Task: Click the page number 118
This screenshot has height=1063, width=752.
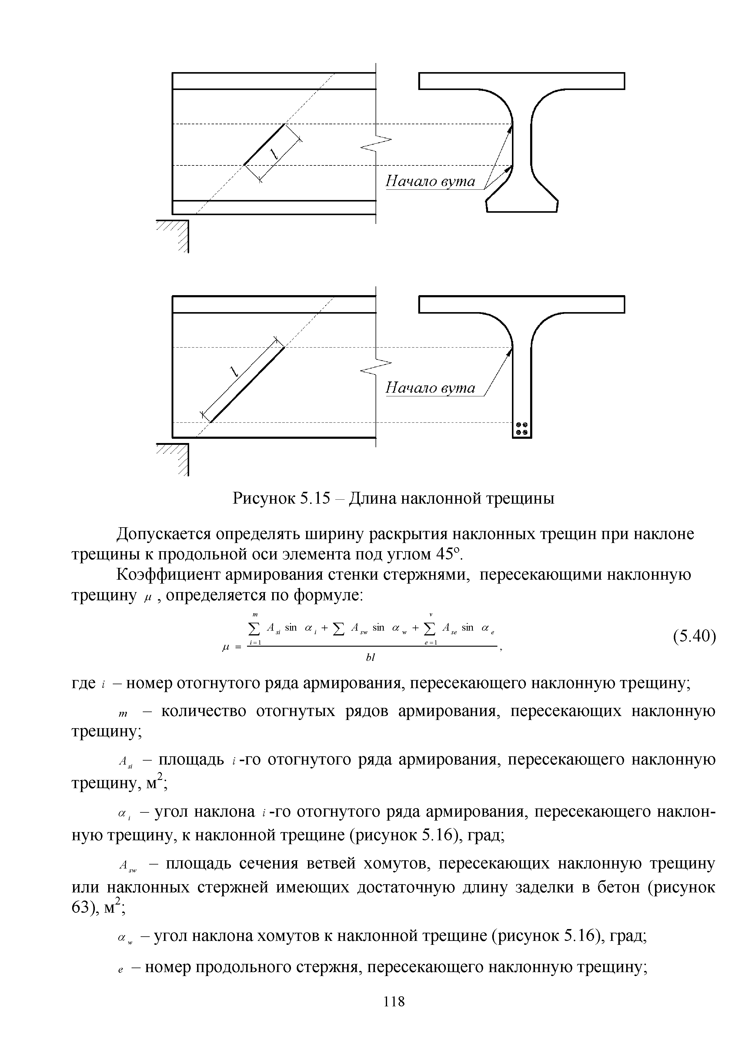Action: coord(394,1001)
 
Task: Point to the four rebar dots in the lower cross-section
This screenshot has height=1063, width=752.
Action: coord(522,429)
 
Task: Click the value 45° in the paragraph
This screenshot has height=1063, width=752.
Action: coord(448,554)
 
